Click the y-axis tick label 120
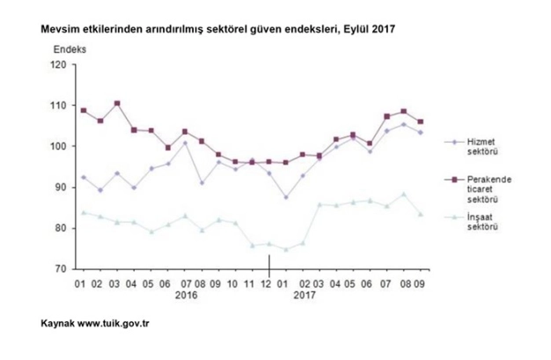59,64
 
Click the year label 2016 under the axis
187,297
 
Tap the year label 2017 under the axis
305,297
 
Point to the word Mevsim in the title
60,29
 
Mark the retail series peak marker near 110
117,103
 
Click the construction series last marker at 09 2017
421,214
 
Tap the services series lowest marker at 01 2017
286,197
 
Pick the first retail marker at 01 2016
83,110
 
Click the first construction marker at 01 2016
83,212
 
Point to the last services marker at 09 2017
421,132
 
